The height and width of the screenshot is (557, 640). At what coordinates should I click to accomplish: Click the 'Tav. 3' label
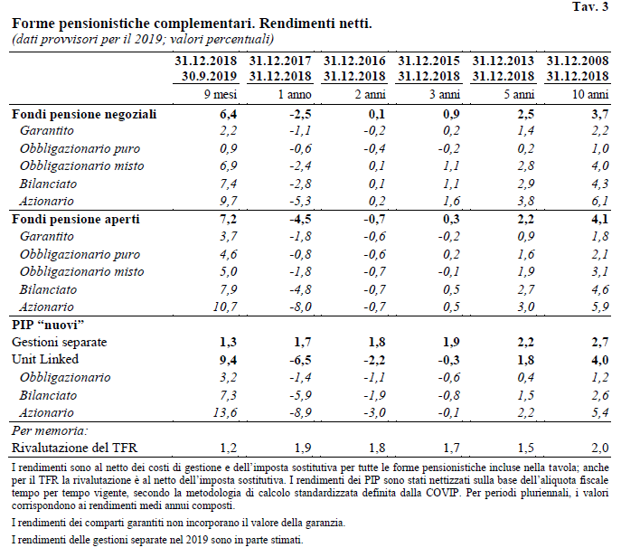pyautogui.click(x=590, y=6)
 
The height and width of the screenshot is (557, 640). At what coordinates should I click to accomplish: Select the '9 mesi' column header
pyautogui.click(x=221, y=94)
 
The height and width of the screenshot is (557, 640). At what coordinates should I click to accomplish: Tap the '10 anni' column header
pyautogui.click(x=590, y=94)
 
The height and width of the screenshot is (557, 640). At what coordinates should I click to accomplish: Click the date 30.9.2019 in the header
pyautogui.click(x=210, y=76)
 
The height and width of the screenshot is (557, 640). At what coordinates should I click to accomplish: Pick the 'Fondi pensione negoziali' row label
pyautogui.click(x=84, y=114)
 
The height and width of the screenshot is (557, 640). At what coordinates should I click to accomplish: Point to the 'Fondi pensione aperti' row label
pyautogui.click(x=76, y=220)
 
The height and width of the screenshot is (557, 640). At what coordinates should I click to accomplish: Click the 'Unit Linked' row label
pyautogui.click(x=45, y=359)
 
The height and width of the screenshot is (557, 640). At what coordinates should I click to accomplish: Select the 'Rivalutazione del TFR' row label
pyautogui.click(x=75, y=448)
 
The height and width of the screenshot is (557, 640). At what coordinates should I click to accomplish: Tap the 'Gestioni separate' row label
pyautogui.click(x=59, y=342)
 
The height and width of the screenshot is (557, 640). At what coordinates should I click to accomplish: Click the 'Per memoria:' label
pyautogui.click(x=50, y=430)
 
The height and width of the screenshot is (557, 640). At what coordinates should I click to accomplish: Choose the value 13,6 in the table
pyautogui.click(x=225, y=412)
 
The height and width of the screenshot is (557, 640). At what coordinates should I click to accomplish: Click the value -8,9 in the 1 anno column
pyautogui.click(x=300, y=412)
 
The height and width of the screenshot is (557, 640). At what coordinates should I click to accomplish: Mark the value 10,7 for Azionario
pyautogui.click(x=225, y=307)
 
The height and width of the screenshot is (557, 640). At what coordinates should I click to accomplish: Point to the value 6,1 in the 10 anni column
pyautogui.click(x=600, y=201)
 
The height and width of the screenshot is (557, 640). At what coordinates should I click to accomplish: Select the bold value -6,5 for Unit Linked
pyautogui.click(x=300, y=360)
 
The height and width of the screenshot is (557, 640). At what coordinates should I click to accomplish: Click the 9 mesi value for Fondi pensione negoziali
pyautogui.click(x=228, y=114)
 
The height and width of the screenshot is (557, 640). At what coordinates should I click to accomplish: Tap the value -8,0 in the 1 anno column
pyautogui.click(x=300, y=307)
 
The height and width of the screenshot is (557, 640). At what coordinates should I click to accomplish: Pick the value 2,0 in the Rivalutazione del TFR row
pyautogui.click(x=600, y=448)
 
